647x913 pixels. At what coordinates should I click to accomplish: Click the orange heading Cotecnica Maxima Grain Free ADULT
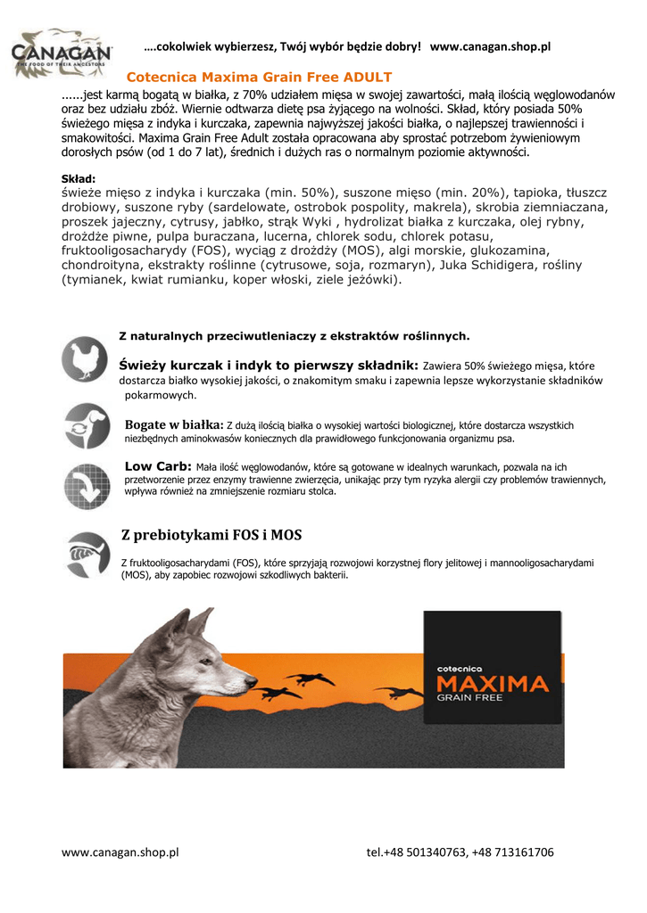[x=259, y=78]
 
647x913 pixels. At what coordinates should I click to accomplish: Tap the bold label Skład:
[x=79, y=178]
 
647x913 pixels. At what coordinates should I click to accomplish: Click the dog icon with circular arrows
[x=87, y=424]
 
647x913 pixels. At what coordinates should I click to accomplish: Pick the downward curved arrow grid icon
[x=87, y=487]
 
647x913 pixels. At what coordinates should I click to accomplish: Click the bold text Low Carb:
[x=158, y=466]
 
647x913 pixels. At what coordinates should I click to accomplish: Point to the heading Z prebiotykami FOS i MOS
[x=212, y=535]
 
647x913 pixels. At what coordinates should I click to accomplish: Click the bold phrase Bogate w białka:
[x=174, y=424]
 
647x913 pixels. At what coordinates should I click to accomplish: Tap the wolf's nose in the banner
[x=252, y=687]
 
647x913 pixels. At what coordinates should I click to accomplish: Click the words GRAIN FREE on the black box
[x=469, y=699]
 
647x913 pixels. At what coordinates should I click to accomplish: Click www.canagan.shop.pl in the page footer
[x=120, y=851]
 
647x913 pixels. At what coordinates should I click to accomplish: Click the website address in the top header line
[x=490, y=46]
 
